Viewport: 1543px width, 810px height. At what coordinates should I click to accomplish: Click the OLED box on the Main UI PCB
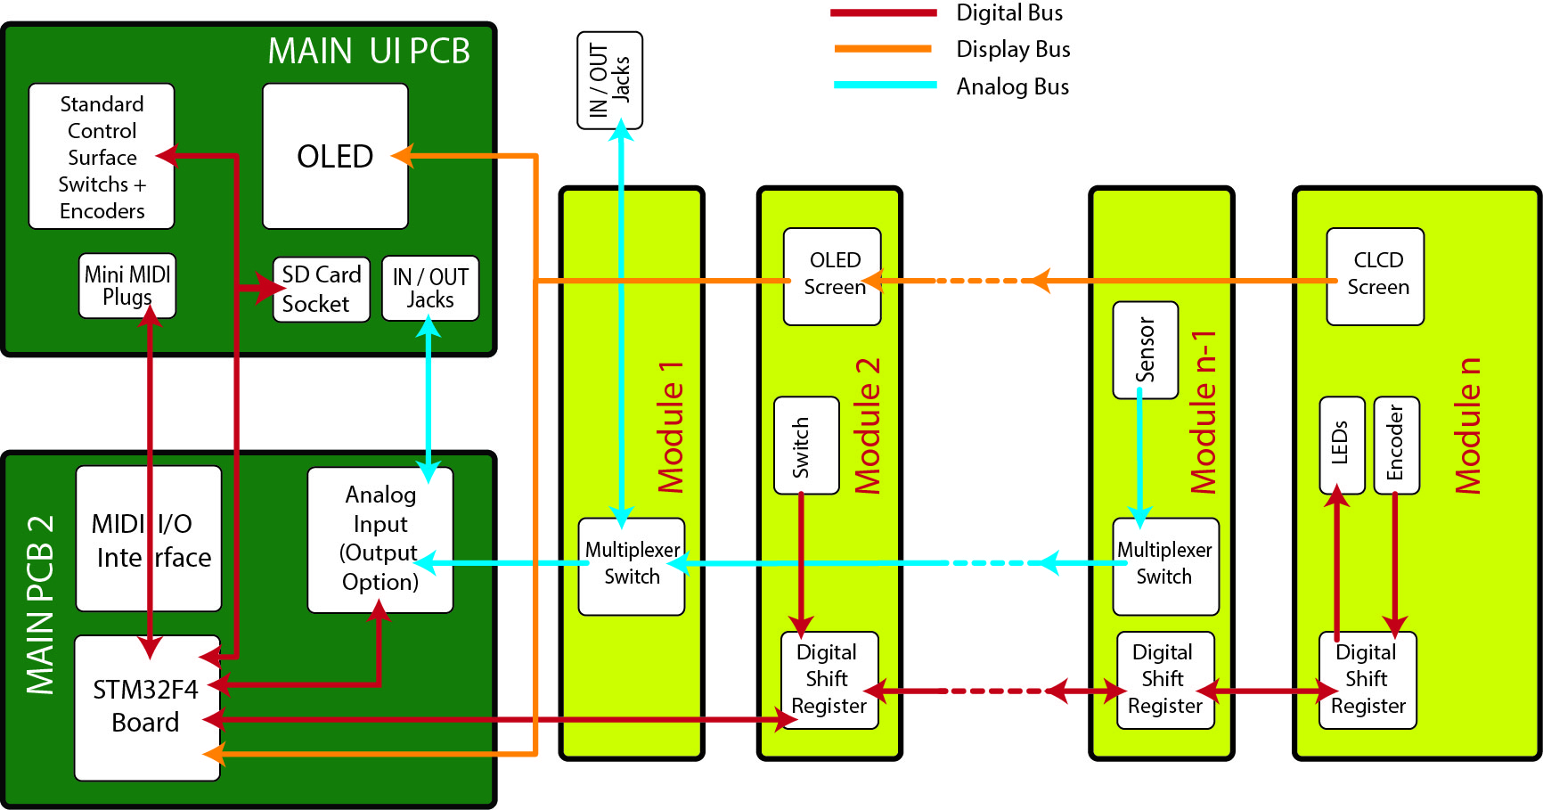click(x=335, y=156)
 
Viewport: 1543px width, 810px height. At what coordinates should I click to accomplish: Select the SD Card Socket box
click(x=321, y=289)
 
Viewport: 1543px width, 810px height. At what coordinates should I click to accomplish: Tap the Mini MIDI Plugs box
click(x=127, y=285)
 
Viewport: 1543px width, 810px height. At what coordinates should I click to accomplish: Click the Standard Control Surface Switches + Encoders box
click(x=102, y=157)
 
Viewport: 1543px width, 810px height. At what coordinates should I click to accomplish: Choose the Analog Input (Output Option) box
click(x=380, y=539)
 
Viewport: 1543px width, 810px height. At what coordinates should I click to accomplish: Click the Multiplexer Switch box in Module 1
click(x=632, y=566)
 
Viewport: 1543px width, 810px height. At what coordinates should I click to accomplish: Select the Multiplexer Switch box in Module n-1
click(x=1165, y=566)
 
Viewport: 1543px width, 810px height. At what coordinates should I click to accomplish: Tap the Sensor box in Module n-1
click(x=1146, y=350)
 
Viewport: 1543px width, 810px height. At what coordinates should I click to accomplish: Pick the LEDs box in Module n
click(x=1342, y=445)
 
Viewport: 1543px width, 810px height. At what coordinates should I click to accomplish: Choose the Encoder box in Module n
click(x=1396, y=445)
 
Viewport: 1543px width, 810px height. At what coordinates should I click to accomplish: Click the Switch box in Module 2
click(x=806, y=445)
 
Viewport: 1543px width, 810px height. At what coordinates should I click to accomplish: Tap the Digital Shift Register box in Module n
click(x=1367, y=680)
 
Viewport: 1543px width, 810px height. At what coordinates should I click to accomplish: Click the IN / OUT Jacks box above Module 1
click(x=609, y=80)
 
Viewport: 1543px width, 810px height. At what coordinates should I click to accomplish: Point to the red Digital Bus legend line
click(x=883, y=12)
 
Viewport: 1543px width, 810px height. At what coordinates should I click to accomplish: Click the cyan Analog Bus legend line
click(x=885, y=86)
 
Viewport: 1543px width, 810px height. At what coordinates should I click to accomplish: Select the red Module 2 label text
click(x=867, y=426)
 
